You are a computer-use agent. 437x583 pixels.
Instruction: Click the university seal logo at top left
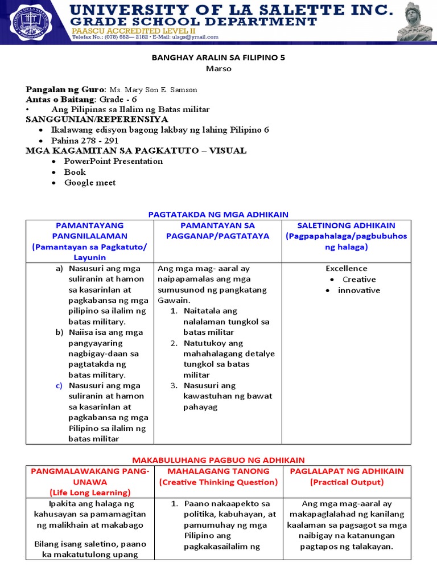coord(28,21)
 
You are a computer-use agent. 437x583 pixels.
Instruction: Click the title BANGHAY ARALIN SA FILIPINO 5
coord(218,57)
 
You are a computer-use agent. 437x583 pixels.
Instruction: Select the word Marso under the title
coord(218,68)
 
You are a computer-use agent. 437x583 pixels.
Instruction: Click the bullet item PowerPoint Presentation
coord(113,161)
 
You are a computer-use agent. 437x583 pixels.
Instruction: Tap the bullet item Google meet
coord(90,183)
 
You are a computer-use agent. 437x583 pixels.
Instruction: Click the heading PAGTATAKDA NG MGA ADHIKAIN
coord(218,214)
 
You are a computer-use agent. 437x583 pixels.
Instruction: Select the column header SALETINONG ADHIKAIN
coord(346,225)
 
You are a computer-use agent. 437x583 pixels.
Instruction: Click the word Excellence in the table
coord(346,268)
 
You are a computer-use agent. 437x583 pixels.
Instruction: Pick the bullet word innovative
coord(358,290)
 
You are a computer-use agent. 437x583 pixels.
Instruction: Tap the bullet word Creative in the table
coord(359,280)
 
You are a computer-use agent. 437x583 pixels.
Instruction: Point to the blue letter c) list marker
coord(59,385)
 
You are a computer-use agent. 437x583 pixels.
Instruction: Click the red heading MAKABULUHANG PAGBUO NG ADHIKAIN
coord(218,459)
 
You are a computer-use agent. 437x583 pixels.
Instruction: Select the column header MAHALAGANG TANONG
coord(218,471)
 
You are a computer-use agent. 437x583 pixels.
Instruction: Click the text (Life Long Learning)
coord(90,492)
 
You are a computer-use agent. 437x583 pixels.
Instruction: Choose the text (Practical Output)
coord(347,482)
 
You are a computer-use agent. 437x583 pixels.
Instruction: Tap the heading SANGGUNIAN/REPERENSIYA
coord(97,119)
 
